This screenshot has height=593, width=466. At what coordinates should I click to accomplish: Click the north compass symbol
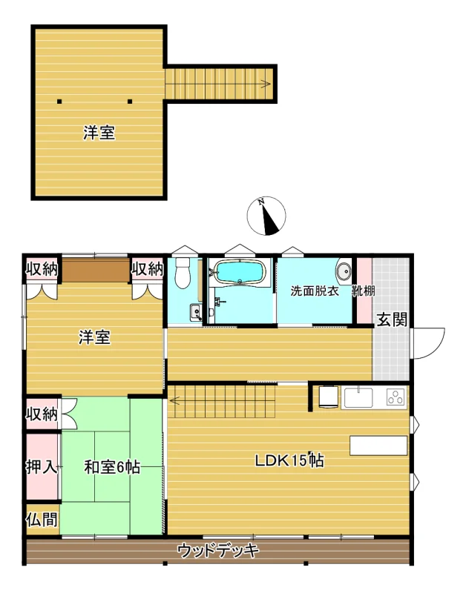tap(266, 216)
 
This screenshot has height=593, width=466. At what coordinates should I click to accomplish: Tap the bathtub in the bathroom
tap(240, 271)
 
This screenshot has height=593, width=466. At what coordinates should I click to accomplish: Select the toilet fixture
tap(183, 273)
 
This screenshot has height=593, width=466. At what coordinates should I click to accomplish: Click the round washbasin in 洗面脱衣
tap(344, 271)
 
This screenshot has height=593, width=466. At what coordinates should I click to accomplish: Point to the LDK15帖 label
tap(289, 460)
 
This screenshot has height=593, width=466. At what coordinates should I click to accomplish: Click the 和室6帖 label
tap(112, 467)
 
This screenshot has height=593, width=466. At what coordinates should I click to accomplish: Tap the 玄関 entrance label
tap(393, 320)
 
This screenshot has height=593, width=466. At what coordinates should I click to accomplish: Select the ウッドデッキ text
tap(218, 550)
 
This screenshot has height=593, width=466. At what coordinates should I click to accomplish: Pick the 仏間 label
tap(42, 520)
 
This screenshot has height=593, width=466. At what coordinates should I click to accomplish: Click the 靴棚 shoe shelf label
tap(364, 291)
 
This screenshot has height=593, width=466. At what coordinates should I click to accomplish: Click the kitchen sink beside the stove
tap(358, 397)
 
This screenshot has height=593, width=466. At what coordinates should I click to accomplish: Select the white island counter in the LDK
tap(378, 445)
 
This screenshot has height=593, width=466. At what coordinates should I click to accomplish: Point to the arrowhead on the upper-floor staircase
tap(266, 84)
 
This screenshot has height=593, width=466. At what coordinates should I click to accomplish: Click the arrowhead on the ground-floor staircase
tap(174, 400)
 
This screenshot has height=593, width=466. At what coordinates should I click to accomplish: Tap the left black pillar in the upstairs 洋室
tap(59, 101)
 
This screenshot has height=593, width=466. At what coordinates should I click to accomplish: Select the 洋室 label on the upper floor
tap(99, 133)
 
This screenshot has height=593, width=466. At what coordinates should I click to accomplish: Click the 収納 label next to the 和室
tap(42, 414)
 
